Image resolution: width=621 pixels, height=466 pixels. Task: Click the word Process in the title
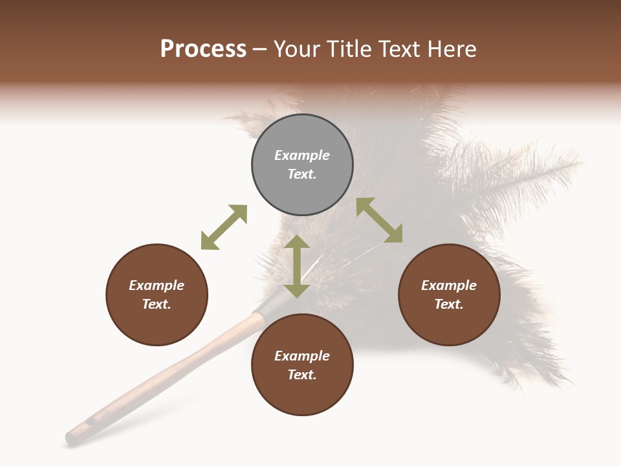tap(203, 49)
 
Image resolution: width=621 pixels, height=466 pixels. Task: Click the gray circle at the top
tap(302, 165)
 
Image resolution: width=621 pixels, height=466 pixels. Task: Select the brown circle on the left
tap(157, 295)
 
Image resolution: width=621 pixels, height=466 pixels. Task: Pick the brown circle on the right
tap(449, 295)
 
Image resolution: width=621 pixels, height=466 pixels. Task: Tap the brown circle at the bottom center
tap(302, 365)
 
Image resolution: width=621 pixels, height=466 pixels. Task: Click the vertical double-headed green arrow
tap(297, 266)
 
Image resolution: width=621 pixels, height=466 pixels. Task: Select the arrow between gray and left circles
tap(224, 227)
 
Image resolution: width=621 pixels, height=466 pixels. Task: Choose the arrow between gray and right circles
tap(379, 220)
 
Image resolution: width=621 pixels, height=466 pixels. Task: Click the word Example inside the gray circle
tap(302, 155)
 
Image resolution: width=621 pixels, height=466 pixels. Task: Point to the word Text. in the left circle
tap(157, 304)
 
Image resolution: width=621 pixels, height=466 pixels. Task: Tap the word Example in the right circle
tap(449, 285)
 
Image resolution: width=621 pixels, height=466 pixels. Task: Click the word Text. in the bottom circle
tap(302, 375)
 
